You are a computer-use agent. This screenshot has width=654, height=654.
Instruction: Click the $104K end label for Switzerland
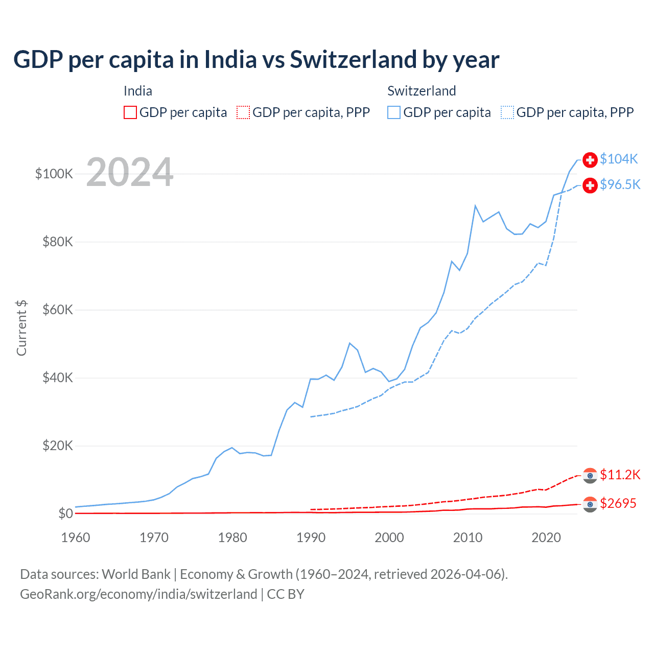(619, 159)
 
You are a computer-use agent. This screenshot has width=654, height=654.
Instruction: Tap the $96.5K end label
(620, 184)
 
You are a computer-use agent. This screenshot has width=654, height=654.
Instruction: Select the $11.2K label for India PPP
(620, 475)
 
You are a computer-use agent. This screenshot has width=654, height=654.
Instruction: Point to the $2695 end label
(618, 503)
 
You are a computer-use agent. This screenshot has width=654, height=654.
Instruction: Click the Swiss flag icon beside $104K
(590, 159)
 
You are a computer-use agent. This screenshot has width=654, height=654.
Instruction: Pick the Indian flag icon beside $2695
(590, 504)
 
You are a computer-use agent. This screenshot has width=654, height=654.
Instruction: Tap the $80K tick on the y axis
(58, 242)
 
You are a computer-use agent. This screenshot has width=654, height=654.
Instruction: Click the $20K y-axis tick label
(58, 446)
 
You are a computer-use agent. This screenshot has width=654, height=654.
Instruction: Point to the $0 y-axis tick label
(65, 513)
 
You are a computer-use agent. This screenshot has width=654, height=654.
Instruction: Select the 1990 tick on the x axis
(311, 538)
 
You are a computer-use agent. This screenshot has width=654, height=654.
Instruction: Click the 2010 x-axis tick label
(468, 538)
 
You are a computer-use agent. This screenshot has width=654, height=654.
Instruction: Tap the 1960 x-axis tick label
(76, 538)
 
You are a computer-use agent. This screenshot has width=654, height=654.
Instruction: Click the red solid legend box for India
(130, 112)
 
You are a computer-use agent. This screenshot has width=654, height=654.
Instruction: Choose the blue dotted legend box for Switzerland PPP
(507, 112)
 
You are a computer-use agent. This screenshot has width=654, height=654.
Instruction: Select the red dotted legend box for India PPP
(243, 112)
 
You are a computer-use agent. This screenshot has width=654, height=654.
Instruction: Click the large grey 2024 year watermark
(130, 172)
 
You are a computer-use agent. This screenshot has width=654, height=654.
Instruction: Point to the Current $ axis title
(21, 328)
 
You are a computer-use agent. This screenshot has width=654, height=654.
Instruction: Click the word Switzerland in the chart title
(353, 59)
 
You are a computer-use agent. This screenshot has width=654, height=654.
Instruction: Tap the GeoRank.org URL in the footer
(138, 594)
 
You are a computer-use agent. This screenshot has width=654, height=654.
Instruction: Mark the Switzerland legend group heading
(422, 91)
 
